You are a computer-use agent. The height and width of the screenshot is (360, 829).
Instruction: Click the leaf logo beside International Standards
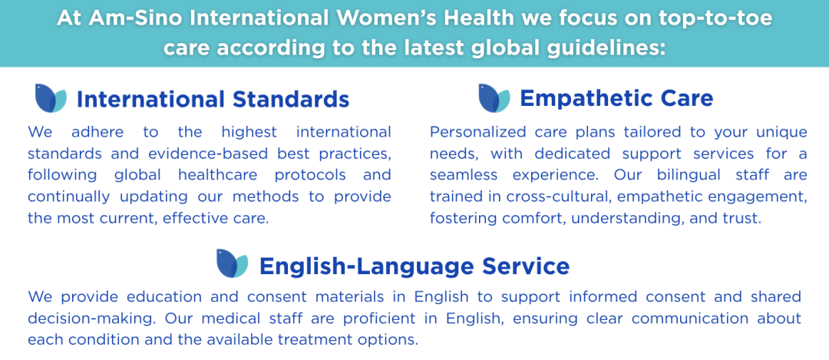51,98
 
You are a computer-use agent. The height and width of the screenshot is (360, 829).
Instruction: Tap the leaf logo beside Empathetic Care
494,98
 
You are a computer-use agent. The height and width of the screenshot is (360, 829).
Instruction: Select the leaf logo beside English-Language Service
232,263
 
